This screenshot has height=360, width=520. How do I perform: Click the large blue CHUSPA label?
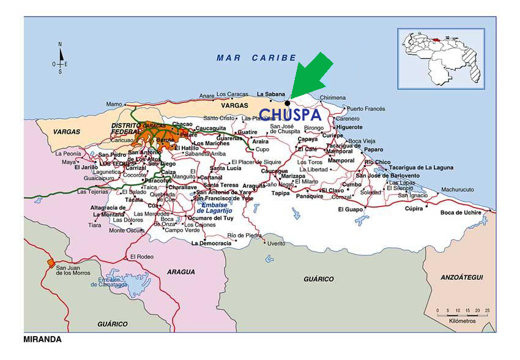(290, 115)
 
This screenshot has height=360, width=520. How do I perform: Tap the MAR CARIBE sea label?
(256, 58)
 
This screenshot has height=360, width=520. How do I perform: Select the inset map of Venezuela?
(440, 59)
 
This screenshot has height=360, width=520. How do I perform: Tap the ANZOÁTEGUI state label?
(461, 277)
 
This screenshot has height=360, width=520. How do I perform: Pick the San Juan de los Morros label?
(75, 270)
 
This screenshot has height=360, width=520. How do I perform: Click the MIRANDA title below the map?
(42, 339)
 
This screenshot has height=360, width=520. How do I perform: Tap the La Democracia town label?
(211, 243)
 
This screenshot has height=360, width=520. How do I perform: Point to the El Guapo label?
(351, 209)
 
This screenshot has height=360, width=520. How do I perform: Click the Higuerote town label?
(349, 127)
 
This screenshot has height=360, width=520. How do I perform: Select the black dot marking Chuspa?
(287, 103)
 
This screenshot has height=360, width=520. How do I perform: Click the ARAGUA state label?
(182, 272)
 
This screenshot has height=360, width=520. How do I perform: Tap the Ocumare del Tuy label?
(210, 218)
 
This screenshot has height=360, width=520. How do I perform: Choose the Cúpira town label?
(414, 208)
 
